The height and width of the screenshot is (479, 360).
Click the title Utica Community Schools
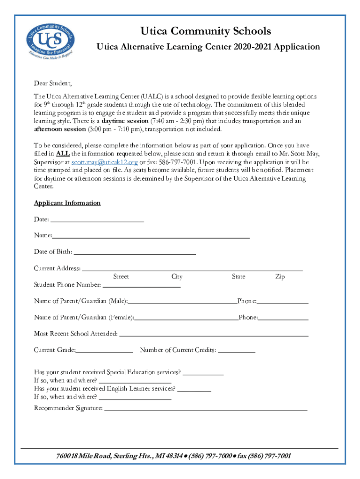click(x=206, y=31)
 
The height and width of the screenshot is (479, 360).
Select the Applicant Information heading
click(x=67, y=203)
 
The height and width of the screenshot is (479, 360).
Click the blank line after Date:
click(x=97, y=220)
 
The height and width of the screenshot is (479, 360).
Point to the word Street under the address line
click(x=121, y=277)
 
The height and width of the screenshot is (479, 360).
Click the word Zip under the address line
click(x=280, y=277)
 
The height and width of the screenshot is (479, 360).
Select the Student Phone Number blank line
click(x=141, y=285)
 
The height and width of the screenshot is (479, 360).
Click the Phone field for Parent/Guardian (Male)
click(x=282, y=302)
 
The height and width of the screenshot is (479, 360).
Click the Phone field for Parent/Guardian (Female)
click(x=283, y=318)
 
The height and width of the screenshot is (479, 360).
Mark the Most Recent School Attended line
click(x=214, y=334)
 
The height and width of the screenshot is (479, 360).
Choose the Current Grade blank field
click(x=105, y=350)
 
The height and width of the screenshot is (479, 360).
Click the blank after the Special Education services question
click(x=203, y=373)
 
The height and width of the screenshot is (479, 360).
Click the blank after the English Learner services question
click(x=194, y=389)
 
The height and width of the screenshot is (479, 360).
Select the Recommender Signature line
click(x=206, y=409)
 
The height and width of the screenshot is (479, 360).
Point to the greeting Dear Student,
click(x=53, y=84)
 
